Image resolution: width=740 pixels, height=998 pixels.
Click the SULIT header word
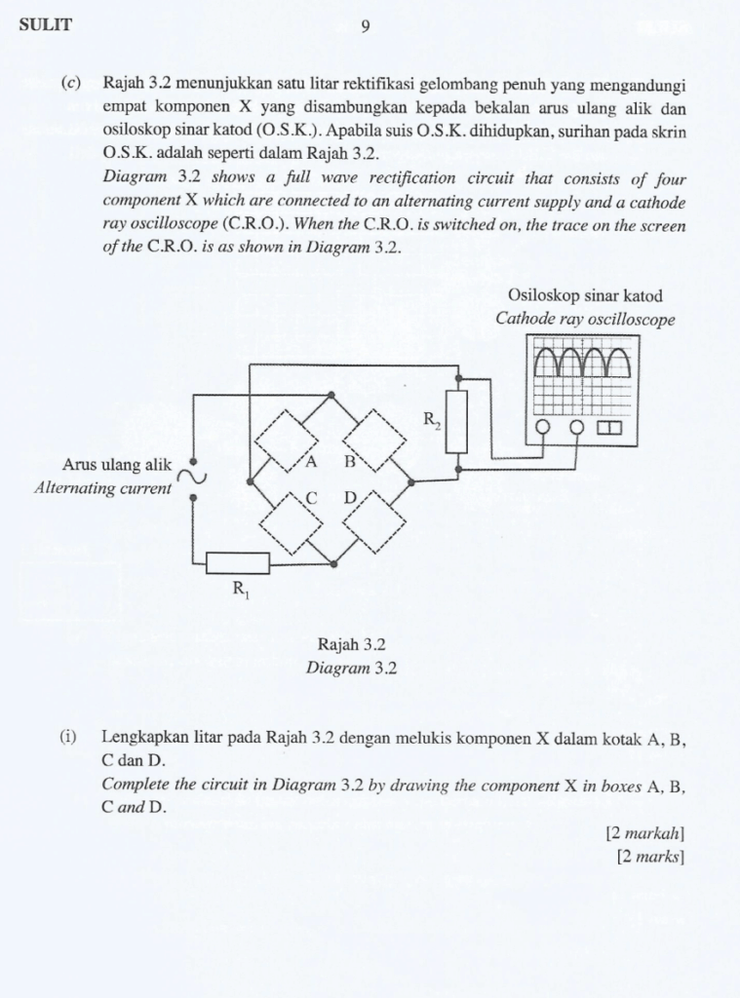point(45,26)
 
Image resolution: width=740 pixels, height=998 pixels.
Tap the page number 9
point(365,27)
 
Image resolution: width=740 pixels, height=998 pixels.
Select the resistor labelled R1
point(237,562)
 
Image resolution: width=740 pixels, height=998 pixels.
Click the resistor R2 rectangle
point(456,421)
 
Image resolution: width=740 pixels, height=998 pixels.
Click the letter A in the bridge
point(311,462)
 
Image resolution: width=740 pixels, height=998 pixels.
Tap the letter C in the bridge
point(311,498)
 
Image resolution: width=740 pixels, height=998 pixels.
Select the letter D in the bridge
point(349,498)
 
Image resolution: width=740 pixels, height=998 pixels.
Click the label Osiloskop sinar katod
point(584,296)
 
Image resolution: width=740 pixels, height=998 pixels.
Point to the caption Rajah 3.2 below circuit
point(352,644)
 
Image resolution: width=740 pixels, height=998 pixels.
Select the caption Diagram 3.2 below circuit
point(352,669)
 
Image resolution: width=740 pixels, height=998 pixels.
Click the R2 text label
point(432,421)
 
